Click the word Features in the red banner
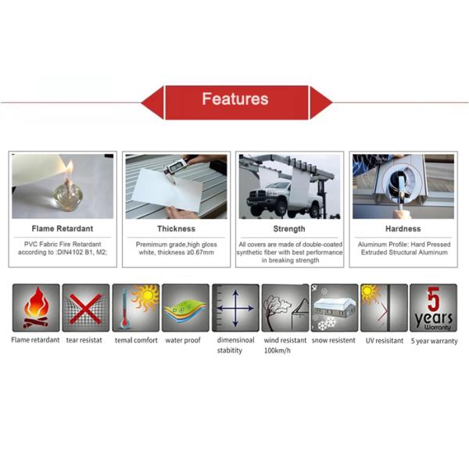click(x=235, y=98)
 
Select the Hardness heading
click(x=403, y=229)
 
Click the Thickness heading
click(x=176, y=229)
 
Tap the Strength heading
click(x=289, y=229)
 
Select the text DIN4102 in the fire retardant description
click(x=70, y=252)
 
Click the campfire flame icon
click(x=36, y=307)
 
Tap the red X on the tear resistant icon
click(x=85, y=309)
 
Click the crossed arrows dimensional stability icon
click(x=235, y=308)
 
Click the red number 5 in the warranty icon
click(x=433, y=299)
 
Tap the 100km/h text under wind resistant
click(x=277, y=350)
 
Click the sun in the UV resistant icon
click(x=368, y=292)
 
